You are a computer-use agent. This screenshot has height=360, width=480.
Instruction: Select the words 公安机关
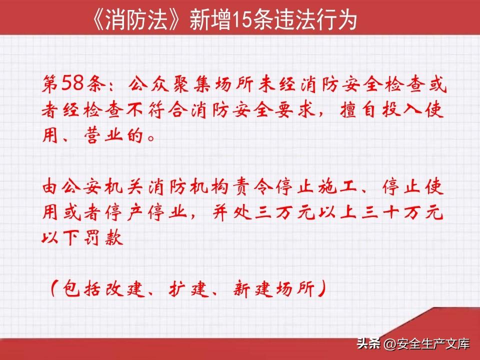[x=93, y=186]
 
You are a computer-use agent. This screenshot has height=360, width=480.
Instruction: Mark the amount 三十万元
[x=402, y=212]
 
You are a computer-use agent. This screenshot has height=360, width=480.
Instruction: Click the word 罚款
[x=103, y=237]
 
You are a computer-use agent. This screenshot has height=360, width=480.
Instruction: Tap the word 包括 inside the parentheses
[x=81, y=288]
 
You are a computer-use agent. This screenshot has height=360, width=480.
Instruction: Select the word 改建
[x=124, y=288]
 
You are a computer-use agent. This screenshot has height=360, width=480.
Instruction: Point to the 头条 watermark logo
[x=369, y=343]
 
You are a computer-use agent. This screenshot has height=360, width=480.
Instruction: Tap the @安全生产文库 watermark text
[x=426, y=344]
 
